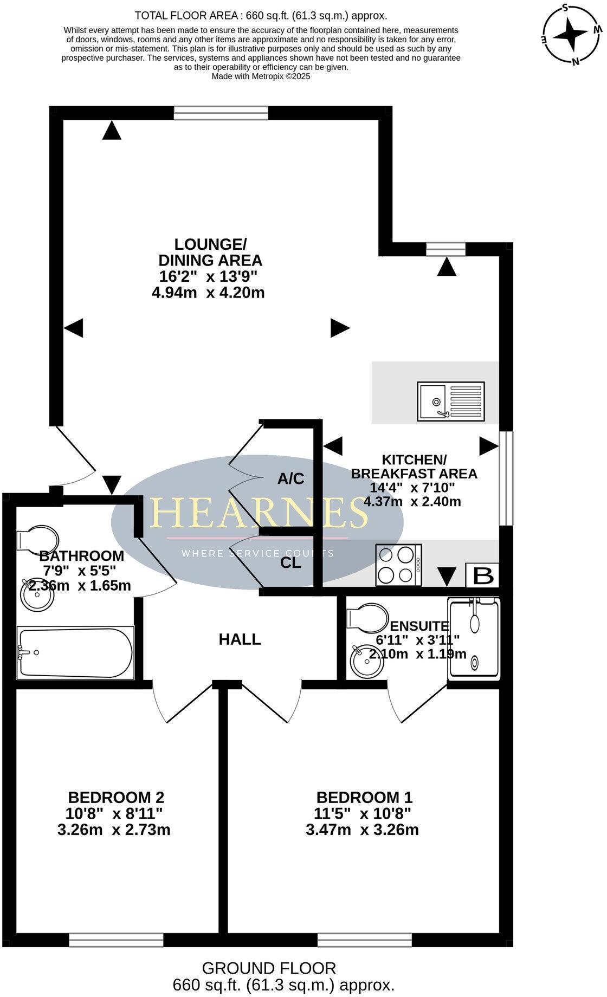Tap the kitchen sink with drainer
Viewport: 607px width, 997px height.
(x=451, y=402)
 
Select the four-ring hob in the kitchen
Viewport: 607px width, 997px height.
(x=399, y=565)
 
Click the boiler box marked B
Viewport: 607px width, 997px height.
(x=482, y=576)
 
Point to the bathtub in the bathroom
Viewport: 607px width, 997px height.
(x=75, y=652)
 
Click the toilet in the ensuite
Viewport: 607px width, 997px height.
(x=367, y=618)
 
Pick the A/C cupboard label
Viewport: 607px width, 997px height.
(x=290, y=478)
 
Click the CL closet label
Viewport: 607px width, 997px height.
(x=290, y=563)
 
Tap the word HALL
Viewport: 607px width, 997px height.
(x=240, y=639)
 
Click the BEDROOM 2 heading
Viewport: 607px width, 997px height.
(x=116, y=797)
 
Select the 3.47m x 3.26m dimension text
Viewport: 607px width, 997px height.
(x=362, y=830)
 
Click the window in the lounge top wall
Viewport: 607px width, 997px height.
(x=221, y=113)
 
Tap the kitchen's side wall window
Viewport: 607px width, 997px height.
(x=506, y=478)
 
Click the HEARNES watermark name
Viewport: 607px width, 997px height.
(x=259, y=513)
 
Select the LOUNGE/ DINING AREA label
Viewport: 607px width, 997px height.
(x=210, y=252)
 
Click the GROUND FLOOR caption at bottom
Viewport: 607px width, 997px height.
(x=269, y=968)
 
